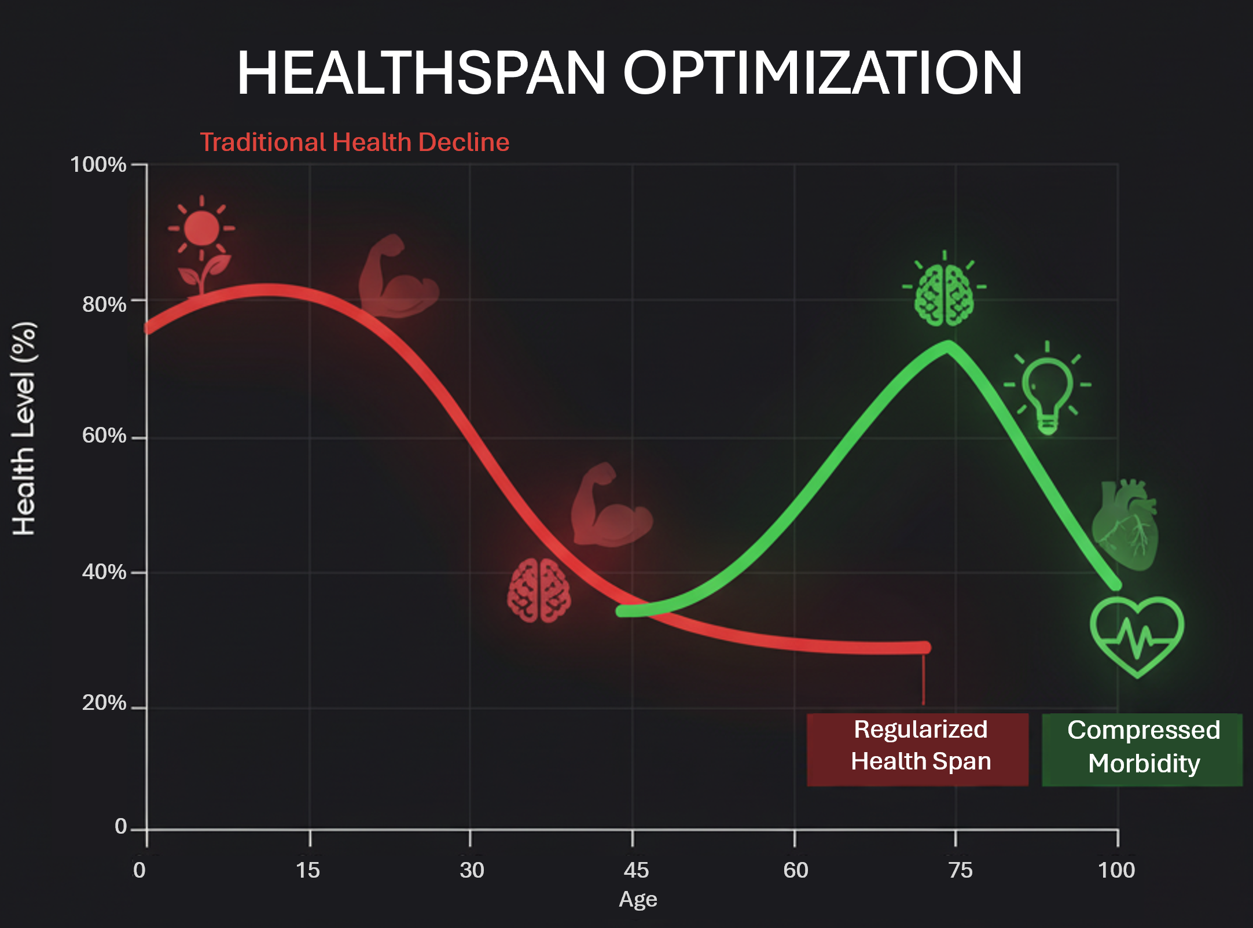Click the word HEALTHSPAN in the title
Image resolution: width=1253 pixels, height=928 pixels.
pyautogui.click(x=421, y=73)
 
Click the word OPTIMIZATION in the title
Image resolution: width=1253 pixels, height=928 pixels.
pyautogui.click(x=822, y=73)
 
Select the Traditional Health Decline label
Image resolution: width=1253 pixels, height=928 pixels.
pyautogui.click(x=354, y=142)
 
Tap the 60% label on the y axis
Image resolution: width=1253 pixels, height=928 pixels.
pyautogui.click(x=104, y=435)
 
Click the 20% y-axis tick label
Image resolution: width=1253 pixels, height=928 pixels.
pyautogui.click(x=104, y=703)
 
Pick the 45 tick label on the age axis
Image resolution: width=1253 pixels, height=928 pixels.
pyautogui.click(x=636, y=870)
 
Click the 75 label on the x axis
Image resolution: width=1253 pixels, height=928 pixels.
pyautogui.click(x=960, y=870)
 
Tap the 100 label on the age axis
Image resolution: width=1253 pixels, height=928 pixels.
pyautogui.click(x=1116, y=870)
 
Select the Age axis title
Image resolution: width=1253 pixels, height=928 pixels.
pyautogui.click(x=638, y=899)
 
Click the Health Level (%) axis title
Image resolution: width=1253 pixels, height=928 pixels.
pyautogui.click(x=24, y=428)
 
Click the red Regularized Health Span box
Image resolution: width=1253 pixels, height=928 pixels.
pyautogui.click(x=918, y=749)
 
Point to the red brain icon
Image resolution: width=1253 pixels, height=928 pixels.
pyautogui.click(x=539, y=590)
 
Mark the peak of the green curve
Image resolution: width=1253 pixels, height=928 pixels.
pyautogui.click(x=948, y=347)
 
